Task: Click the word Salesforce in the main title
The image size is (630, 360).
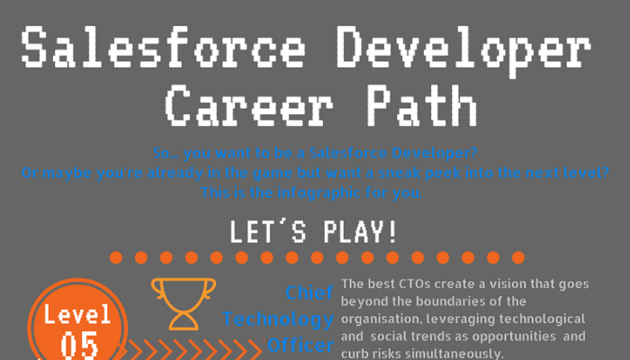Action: point(164,47)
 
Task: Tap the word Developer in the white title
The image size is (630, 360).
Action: point(463,51)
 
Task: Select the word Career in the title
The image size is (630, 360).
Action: point(249,106)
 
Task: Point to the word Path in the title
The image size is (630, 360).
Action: point(421,106)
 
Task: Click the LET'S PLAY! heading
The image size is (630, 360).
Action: point(314,232)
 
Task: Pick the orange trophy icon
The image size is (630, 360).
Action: point(184,304)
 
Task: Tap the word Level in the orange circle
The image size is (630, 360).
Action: point(77,314)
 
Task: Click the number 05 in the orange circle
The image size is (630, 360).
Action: point(79,345)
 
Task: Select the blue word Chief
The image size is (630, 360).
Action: point(310,292)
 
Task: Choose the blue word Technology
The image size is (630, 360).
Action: point(277,319)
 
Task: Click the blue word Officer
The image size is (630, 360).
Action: point(301,345)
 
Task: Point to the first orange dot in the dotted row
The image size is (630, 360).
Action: point(116,257)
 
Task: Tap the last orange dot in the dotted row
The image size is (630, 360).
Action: point(518,257)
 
